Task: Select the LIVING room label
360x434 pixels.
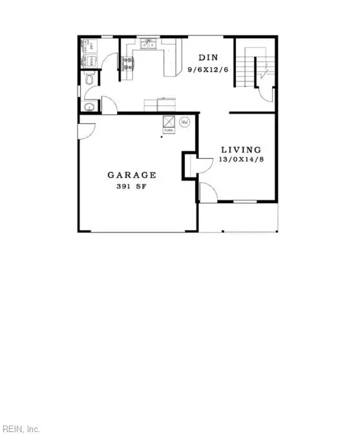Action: click(x=240, y=149)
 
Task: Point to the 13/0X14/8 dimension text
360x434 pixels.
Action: click(x=241, y=159)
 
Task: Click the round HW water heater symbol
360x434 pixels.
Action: click(x=184, y=121)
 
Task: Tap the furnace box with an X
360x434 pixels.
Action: click(x=168, y=121)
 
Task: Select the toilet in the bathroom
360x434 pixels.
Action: click(x=90, y=79)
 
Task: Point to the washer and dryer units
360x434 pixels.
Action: click(x=90, y=54)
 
